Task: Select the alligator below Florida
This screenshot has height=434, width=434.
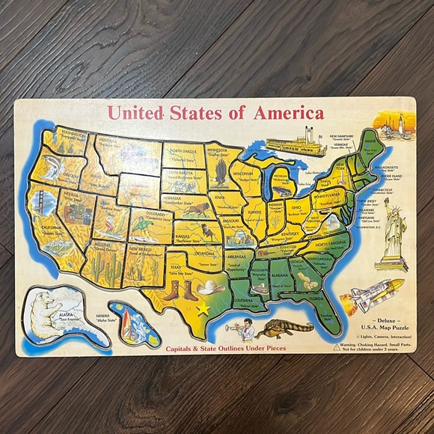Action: [288, 328]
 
